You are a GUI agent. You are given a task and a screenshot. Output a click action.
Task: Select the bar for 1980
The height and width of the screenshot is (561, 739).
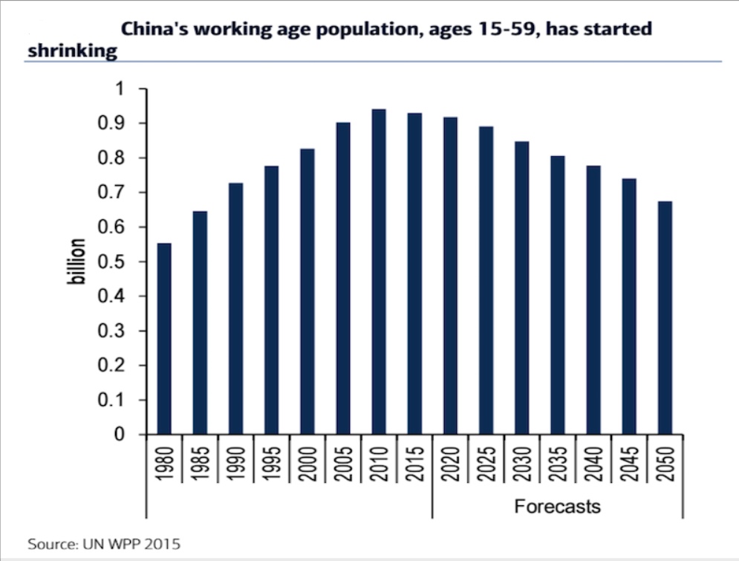pyautogui.click(x=164, y=339)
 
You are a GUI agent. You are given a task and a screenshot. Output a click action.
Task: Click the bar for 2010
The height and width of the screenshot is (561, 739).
pyautogui.click(x=378, y=272)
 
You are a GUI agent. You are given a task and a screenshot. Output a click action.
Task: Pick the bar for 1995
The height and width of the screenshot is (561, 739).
pyautogui.click(x=271, y=300)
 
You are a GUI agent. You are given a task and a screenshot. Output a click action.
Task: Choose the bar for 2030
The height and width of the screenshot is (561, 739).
pyautogui.click(x=521, y=288)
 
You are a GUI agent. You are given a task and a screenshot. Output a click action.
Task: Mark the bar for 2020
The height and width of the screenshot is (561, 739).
pyautogui.click(x=450, y=276)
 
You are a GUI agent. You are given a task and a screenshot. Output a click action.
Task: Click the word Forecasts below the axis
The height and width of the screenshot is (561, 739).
pyautogui.click(x=557, y=507)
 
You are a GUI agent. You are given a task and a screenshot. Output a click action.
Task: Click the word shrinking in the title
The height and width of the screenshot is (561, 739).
pyautogui.click(x=73, y=51)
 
